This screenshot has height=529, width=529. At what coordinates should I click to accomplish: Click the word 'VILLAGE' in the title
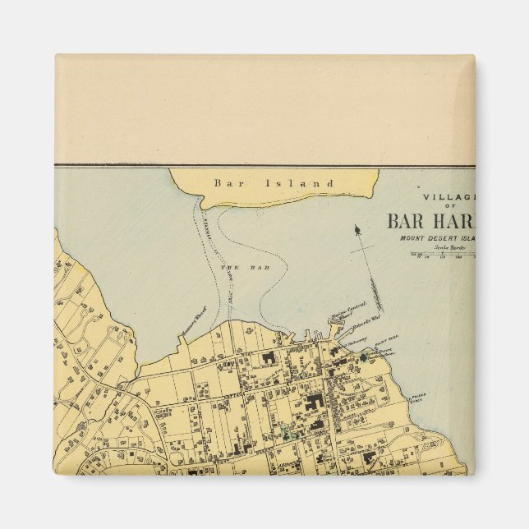(448, 198)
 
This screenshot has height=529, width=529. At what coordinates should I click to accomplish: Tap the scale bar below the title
(444, 256)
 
